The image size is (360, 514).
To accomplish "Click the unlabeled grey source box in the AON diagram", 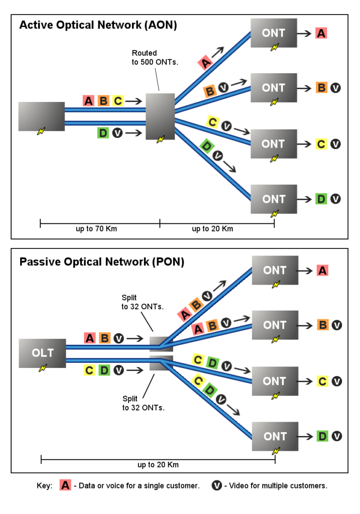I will [41, 116].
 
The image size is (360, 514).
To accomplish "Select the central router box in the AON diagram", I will [160, 116].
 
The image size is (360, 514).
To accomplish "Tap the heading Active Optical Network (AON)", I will [98, 26].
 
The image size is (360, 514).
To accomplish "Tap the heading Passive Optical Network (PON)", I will [101, 262].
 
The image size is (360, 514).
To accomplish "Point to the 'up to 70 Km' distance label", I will [98, 229].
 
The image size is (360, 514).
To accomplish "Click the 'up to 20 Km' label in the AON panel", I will [212, 229].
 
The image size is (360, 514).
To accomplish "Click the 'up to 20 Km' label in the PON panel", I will [158, 465].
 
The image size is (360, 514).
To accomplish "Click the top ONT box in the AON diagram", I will [274, 33].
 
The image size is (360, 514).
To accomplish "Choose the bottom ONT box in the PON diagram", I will [275, 436].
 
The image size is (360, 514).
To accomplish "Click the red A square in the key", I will [65, 486].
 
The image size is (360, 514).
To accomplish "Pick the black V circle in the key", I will [217, 486].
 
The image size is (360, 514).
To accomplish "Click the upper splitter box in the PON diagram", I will [161, 344].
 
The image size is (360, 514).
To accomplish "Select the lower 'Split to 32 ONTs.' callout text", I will [143, 403].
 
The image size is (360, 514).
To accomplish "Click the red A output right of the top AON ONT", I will [321, 34].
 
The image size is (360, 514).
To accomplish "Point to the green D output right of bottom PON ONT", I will [322, 436].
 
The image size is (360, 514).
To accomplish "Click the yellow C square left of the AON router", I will [117, 101].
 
